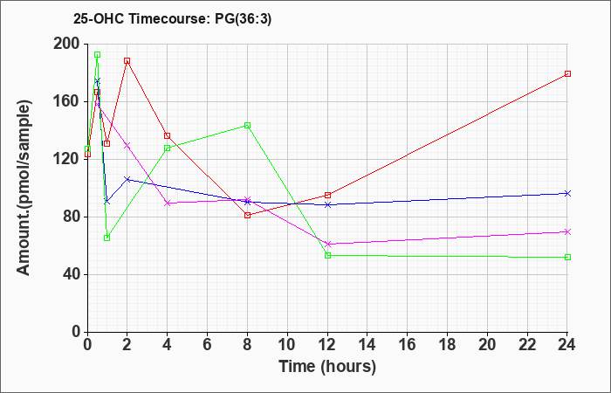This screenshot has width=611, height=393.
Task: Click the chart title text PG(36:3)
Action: point(244,19)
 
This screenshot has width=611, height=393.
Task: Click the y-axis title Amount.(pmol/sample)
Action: point(24,188)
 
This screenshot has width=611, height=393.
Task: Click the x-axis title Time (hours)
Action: point(327,367)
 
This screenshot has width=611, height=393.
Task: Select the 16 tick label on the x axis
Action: point(408,345)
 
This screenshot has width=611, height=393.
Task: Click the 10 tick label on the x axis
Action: point(287,345)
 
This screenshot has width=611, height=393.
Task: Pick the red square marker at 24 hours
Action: point(567,73)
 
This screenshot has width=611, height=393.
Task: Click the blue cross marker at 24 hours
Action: point(567,193)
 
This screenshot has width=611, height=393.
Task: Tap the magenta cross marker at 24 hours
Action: point(567,231)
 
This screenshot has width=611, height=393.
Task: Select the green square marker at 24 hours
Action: point(567,257)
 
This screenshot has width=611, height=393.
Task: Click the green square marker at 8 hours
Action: point(247,125)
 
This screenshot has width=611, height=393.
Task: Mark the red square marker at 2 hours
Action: point(127,61)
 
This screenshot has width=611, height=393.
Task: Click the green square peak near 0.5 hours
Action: point(98,54)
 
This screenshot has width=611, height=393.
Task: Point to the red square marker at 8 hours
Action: point(247,215)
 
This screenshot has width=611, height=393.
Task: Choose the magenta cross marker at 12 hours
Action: point(327,244)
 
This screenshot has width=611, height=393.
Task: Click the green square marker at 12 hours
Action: point(327,255)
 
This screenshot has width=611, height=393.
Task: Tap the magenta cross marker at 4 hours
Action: point(168,203)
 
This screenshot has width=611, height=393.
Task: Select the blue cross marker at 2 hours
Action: point(127,179)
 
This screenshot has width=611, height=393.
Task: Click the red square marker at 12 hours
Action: point(327,195)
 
